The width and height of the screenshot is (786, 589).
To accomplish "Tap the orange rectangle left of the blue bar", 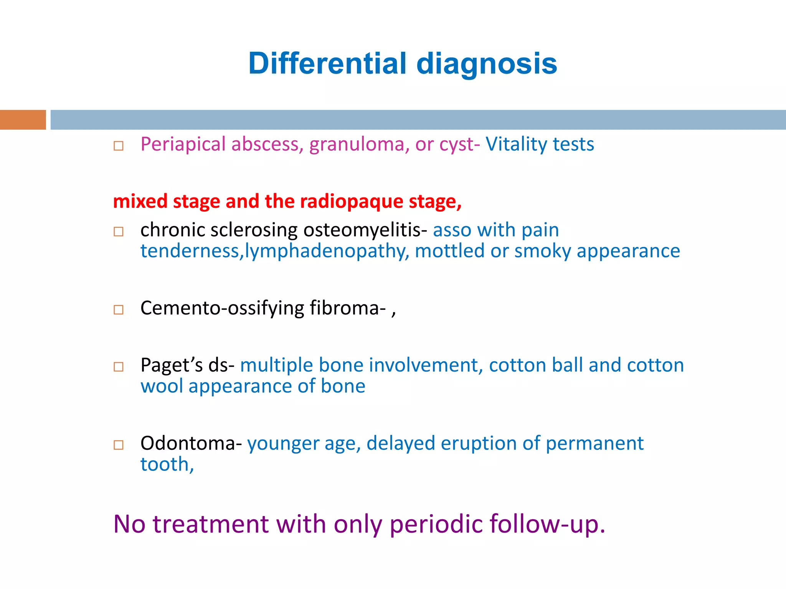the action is coord(23,120).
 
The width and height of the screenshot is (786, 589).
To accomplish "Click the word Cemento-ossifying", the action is coord(222,308).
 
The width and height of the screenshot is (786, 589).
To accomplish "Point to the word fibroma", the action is coord(348,308).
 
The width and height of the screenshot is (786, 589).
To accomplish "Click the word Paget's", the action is coord(171,365).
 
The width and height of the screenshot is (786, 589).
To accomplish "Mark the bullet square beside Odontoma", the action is coord(119,445).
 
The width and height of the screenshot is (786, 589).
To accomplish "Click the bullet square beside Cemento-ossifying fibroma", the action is coord(119,309).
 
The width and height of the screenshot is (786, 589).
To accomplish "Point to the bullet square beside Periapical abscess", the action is coord(119,146).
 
